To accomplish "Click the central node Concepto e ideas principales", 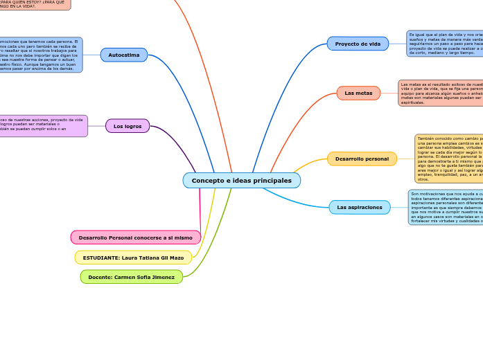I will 241,181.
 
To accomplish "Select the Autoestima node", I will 124,55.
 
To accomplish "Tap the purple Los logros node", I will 128,126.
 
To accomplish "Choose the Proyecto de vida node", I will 358,44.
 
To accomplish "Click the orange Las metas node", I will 358,93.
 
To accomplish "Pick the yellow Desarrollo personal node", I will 362,159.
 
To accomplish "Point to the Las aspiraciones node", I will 360,207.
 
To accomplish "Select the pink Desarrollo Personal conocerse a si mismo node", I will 136,237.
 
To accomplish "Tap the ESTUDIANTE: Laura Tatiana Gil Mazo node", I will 133,258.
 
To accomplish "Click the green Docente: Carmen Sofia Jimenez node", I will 132,277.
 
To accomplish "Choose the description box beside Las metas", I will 441,93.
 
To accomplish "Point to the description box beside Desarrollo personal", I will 449,159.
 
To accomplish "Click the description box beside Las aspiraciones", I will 446,207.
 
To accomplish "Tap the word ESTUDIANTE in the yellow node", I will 100,258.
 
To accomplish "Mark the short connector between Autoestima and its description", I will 91,55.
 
